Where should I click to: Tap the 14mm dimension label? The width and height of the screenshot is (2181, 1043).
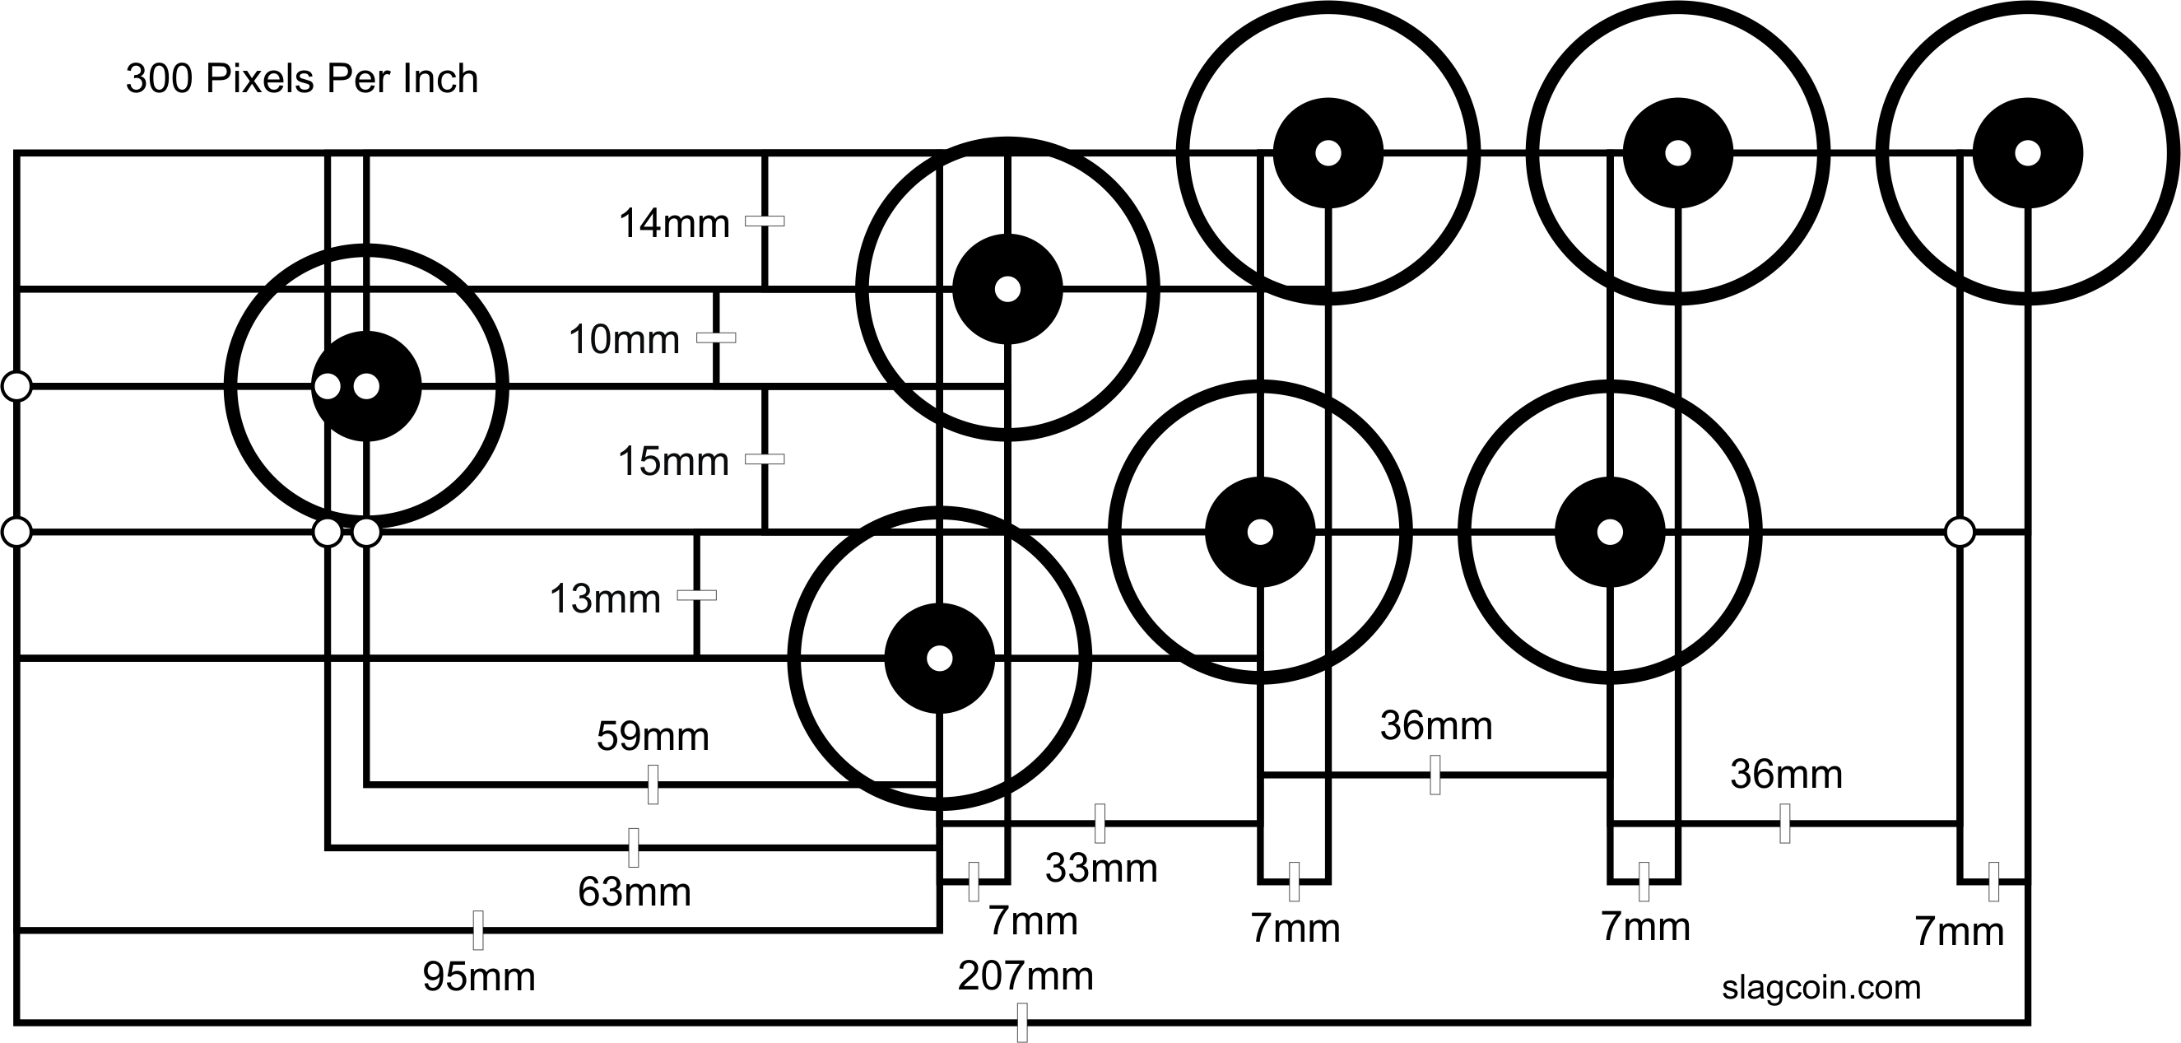tap(674, 225)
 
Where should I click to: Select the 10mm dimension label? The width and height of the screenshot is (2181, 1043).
tap(624, 340)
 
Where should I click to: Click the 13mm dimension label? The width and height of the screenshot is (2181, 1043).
tap(605, 599)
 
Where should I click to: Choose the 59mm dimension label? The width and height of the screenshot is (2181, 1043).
tap(652, 737)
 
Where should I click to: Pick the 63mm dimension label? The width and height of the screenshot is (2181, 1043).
tap(635, 892)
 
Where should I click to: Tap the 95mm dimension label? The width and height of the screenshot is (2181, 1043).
tap(478, 977)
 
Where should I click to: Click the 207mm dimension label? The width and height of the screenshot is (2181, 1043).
tap(1025, 976)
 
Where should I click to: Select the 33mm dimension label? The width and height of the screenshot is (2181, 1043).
tap(1100, 868)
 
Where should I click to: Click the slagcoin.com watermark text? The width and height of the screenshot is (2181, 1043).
tap(1821, 987)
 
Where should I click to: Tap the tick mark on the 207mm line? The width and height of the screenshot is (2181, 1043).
tap(1022, 1022)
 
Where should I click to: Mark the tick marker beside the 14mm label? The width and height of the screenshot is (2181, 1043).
tap(765, 221)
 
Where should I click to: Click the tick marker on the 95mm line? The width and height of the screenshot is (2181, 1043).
tap(478, 930)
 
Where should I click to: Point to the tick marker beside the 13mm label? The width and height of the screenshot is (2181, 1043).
tap(697, 595)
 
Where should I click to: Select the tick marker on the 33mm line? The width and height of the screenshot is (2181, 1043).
tap(1100, 823)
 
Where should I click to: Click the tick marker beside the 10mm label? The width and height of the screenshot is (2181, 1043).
tap(715, 338)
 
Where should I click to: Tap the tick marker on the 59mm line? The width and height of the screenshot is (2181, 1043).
tap(653, 784)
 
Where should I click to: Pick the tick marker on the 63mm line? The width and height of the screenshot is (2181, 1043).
tap(633, 847)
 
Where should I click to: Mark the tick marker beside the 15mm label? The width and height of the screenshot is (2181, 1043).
tap(765, 459)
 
